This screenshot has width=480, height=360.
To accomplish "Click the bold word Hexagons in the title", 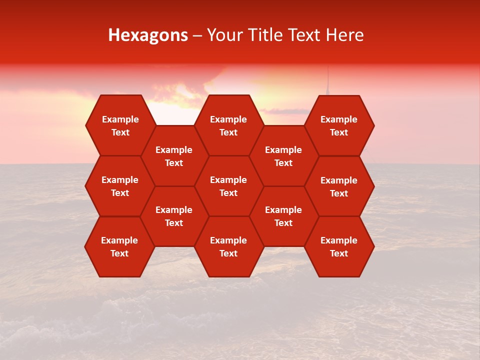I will tap(148, 35).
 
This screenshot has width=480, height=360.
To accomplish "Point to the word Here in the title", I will tap(344, 35).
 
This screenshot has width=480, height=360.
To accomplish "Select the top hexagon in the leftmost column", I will tap(120, 125).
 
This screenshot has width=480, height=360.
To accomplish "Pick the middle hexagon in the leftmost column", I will tap(120, 186).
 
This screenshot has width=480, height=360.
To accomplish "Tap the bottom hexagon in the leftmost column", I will tap(119, 246).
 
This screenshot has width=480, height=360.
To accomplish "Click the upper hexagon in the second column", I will tap(174, 156).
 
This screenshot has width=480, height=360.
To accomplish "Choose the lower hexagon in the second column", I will tap(174, 216).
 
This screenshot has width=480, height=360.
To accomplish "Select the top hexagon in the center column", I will tap(228, 125).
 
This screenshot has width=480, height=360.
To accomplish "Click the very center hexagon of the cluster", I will tap(228, 186).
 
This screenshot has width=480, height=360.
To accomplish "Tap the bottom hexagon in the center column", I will tap(228, 246).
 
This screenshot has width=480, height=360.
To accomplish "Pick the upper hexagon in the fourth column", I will tap(283, 156).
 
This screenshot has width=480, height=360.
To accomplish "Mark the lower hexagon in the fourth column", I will tap(283, 216).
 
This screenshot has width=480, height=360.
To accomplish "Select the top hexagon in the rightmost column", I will tap(339, 125).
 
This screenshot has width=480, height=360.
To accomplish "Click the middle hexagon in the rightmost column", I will tap(339, 186).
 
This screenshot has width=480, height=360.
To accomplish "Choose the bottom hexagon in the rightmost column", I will tap(339, 246).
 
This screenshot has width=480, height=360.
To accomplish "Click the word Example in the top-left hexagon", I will tap(120, 119).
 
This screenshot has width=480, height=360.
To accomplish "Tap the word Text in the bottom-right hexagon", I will tap(339, 253).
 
